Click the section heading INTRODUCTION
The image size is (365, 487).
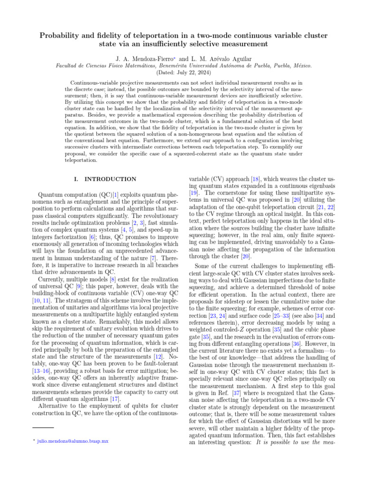pyautogui.click(x=110, y=179)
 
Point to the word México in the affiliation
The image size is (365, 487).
pyautogui.click(x=302, y=65)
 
